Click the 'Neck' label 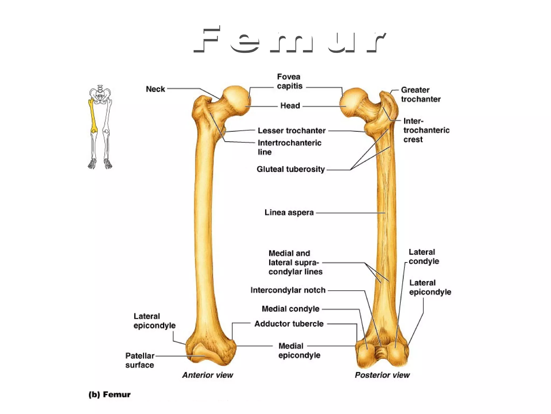(x=155, y=89)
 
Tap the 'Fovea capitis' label (x=289, y=81)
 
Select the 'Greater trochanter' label (x=421, y=95)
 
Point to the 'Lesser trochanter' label (x=292, y=131)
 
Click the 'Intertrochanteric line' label (x=289, y=147)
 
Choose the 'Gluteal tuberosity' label (x=291, y=169)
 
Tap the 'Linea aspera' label (x=289, y=213)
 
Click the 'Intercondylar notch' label (x=288, y=290)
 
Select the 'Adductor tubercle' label (x=289, y=324)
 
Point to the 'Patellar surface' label (x=140, y=360)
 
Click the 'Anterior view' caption (x=208, y=375)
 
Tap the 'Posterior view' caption (x=382, y=375)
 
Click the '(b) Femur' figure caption (x=110, y=395)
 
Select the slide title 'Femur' (x=290, y=40)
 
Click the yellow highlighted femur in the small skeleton (x=93, y=116)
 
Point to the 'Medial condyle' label (x=291, y=309)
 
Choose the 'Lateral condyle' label (x=424, y=257)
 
